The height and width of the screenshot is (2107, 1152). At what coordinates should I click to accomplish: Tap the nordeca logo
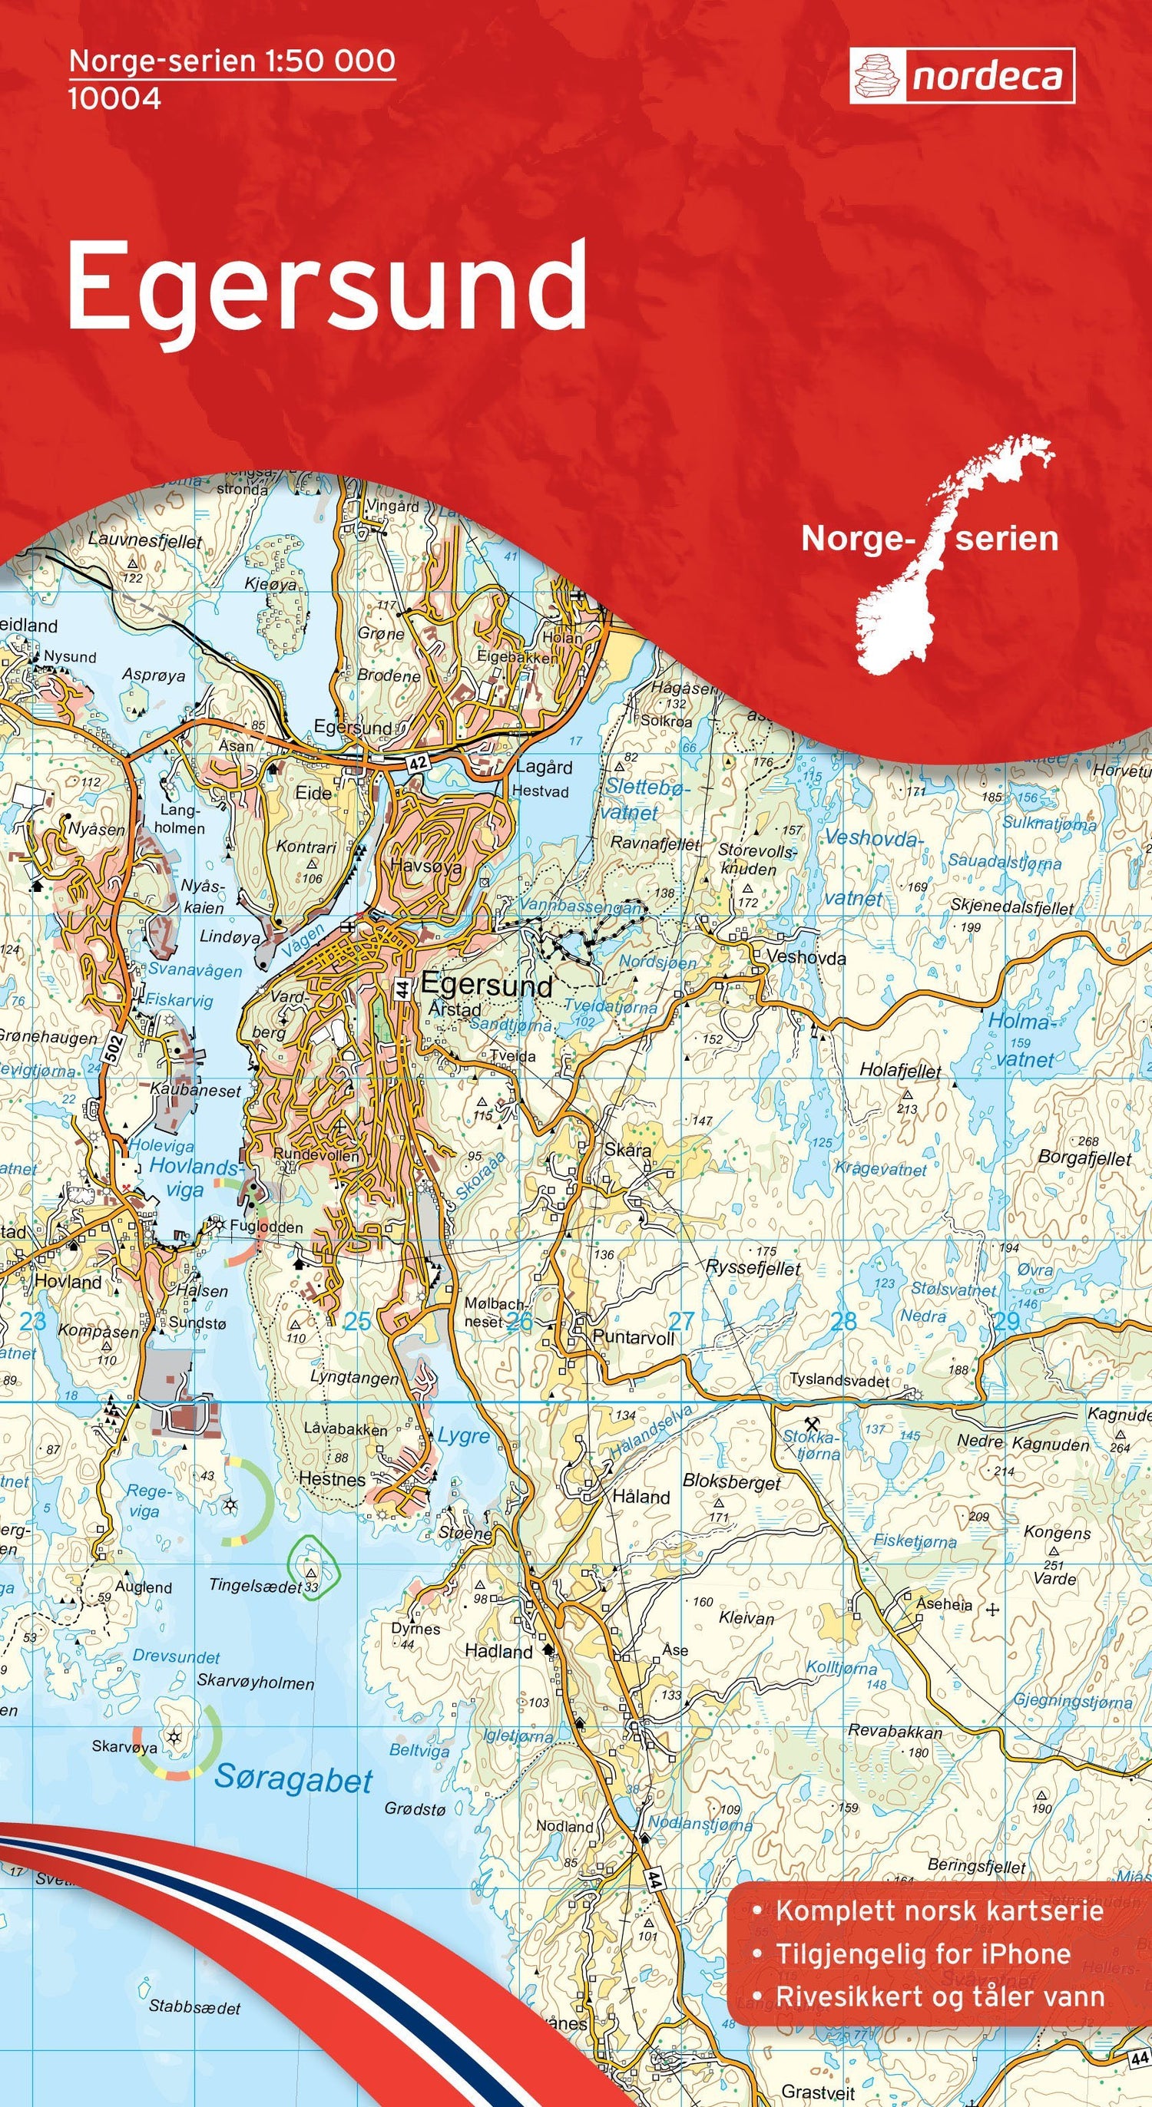tap(962, 76)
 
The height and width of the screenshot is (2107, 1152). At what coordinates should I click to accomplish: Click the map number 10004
tap(114, 99)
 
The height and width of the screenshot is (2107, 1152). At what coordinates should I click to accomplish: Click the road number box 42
tap(417, 762)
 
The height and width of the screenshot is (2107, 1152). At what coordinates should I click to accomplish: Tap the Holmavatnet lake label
tap(1019, 1039)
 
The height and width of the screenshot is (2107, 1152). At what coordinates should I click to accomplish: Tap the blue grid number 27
tap(680, 1320)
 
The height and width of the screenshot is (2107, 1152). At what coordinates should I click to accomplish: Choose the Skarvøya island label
tap(124, 1746)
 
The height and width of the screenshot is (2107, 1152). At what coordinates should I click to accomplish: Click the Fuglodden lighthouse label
tap(266, 1227)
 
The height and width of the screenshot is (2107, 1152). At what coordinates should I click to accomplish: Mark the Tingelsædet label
tap(255, 1586)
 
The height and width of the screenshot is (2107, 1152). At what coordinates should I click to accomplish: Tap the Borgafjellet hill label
tap(1084, 1158)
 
